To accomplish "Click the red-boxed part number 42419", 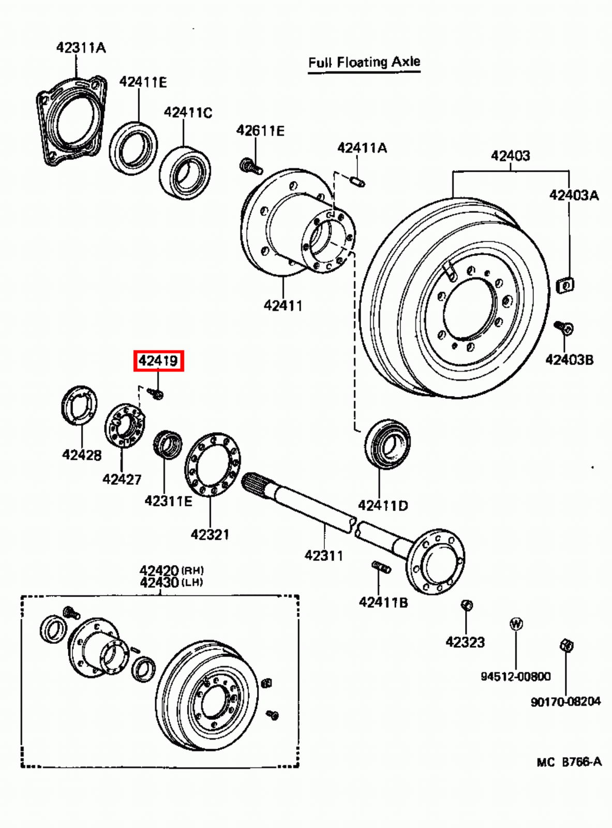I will click(158, 361).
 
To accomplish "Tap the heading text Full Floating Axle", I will click(364, 63).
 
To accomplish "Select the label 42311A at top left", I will click(81, 48).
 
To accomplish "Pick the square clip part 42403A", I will click(565, 285).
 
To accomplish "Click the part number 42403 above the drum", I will click(510, 155).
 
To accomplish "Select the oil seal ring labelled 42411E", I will click(133, 147).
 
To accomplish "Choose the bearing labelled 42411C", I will click(184, 173).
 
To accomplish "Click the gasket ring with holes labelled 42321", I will click(212, 464).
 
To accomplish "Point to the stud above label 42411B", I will click(381, 567).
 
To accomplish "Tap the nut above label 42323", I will click(466, 605).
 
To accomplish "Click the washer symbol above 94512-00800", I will click(516, 624).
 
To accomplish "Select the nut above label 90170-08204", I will click(566, 645).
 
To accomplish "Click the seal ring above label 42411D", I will click(387, 444).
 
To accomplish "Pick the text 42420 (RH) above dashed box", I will click(171, 570).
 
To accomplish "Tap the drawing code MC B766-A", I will click(569, 762).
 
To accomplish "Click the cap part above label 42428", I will click(80, 407).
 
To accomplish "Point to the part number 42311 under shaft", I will click(323, 555).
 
